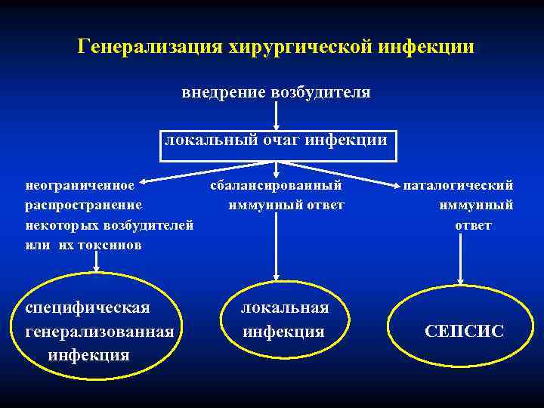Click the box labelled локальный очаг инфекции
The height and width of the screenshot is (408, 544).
pos(277,141)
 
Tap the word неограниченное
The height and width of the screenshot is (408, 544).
pos(80,184)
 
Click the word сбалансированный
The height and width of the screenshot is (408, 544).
pos(276,184)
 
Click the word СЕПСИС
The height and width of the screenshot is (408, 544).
pos(464,331)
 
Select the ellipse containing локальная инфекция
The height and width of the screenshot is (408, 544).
pos(284,320)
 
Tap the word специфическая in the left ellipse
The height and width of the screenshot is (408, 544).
pos(88,308)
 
